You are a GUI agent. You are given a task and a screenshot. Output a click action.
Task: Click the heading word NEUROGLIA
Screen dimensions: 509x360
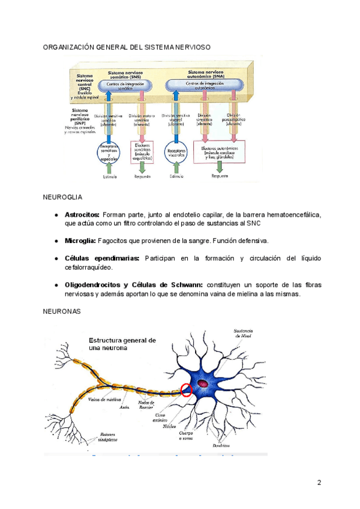click(x=62, y=197)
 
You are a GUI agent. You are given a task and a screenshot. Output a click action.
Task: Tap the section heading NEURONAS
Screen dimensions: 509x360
click(x=61, y=312)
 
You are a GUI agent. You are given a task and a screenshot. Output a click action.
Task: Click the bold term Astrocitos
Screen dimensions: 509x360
click(x=82, y=214)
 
